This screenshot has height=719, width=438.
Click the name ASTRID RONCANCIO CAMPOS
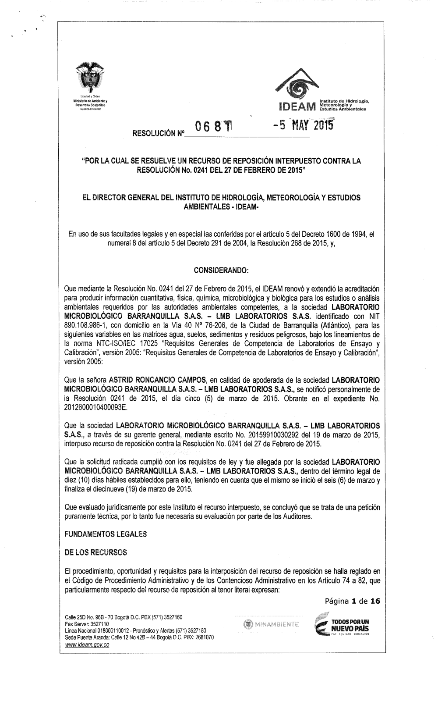click(157, 379)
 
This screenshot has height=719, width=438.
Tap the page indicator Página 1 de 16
click(349, 602)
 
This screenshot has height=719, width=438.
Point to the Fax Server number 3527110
click(98, 623)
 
